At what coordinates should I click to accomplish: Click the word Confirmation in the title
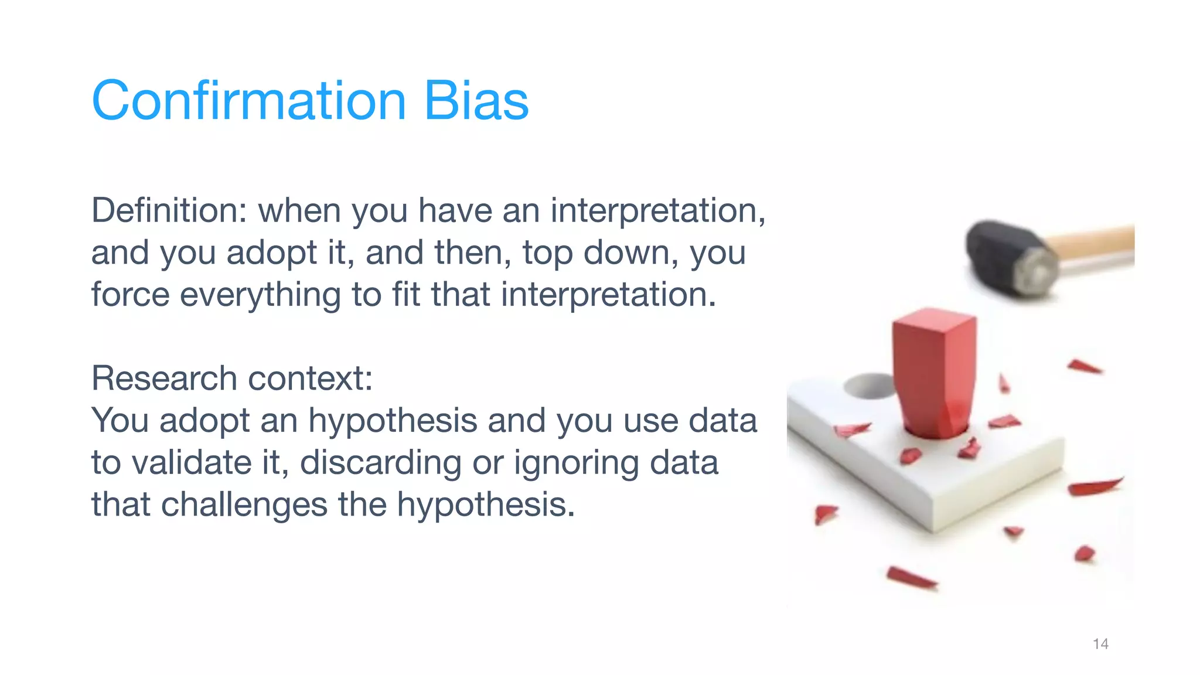pos(248,101)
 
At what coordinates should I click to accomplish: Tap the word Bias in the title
pos(476,101)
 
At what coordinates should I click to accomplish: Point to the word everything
pos(260,295)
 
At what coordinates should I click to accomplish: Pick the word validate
pos(192,463)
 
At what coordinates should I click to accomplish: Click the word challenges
pos(244,504)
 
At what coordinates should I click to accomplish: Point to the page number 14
pos(1100,644)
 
